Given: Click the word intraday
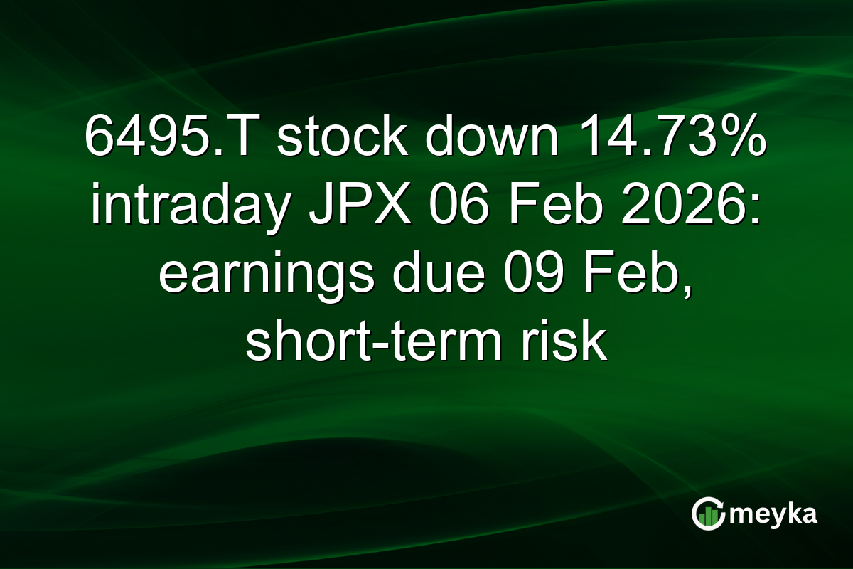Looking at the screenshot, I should point(186,206).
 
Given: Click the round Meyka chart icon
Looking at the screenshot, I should point(708,514).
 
